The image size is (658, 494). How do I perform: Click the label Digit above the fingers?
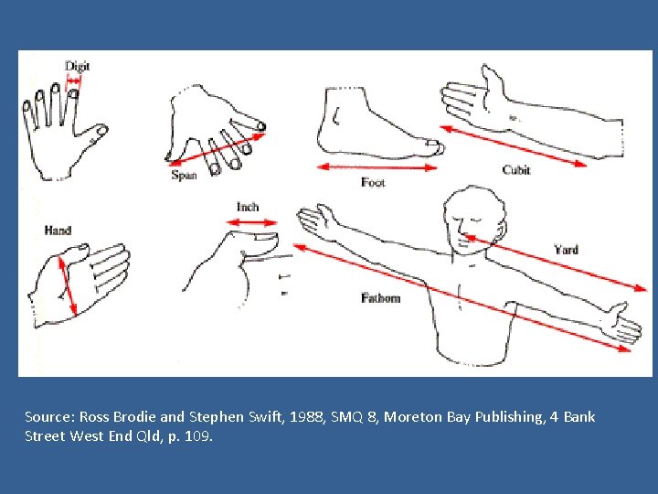coord(77,67)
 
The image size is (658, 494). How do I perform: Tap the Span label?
coord(184,175)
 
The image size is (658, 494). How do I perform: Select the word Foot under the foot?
coord(373,182)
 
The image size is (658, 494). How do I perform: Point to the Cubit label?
coord(516,170)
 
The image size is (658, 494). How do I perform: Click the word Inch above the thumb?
coord(248,207)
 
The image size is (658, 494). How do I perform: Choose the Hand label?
coord(58,231)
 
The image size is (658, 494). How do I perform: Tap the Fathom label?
coord(380,298)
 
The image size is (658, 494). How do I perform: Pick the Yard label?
coord(566,250)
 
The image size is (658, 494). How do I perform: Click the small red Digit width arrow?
coord(74,81)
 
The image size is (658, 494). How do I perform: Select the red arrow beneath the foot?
coord(377,167)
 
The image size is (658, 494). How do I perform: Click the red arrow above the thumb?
coord(252,222)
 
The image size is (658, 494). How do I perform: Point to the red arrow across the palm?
coord(68,285)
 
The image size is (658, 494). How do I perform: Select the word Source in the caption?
coord(49,417)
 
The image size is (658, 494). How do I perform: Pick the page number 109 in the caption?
coord(196,435)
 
